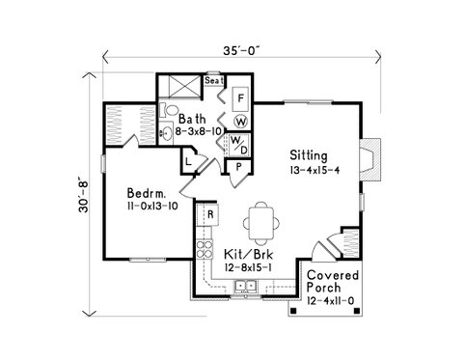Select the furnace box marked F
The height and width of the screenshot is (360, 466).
point(240,98)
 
